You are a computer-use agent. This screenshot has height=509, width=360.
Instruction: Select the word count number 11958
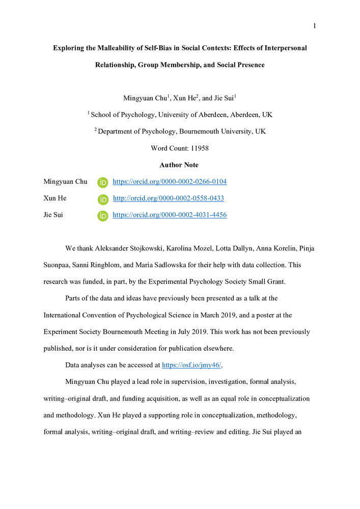(199, 148)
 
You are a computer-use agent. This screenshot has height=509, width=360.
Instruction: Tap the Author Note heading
(179, 165)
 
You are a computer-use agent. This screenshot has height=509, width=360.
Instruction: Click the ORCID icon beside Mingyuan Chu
(102, 182)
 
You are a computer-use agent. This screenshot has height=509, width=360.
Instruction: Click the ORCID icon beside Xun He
(102, 199)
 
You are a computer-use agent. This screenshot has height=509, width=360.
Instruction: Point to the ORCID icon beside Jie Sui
(102, 215)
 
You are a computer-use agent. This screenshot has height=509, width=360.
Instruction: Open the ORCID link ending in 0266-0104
(169, 182)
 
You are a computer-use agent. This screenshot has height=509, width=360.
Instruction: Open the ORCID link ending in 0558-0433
(168, 199)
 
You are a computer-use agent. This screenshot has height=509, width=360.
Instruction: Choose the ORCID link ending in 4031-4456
(169, 215)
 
